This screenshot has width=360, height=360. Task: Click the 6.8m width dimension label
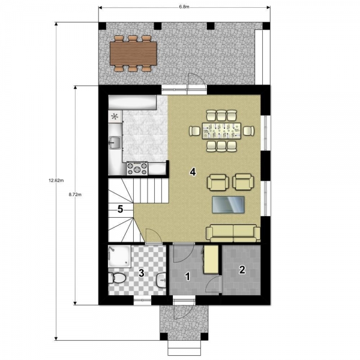[184, 7]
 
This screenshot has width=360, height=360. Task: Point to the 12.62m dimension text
[56, 181]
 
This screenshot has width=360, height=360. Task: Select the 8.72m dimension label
[75, 194]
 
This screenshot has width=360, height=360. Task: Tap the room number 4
[193, 172]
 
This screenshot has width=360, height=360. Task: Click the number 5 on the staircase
[121, 209]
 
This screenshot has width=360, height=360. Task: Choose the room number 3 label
[142, 273]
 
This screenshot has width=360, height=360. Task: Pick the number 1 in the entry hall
[188, 277]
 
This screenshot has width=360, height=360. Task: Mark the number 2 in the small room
[242, 270]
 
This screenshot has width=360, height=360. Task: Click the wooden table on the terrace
[133, 53]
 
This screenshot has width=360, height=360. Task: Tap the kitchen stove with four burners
[137, 169]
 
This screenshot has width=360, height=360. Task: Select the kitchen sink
[115, 143]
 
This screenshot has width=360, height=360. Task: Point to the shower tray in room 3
[119, 256]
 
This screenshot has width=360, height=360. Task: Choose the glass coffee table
[228, 205]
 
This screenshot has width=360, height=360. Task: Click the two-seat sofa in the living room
[233, 233]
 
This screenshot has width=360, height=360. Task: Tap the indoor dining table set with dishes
[221, 131]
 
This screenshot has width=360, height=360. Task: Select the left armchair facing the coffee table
[218, 182]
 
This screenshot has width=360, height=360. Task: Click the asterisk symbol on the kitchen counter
[115, 117]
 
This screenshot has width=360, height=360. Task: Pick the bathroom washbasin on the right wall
[161, 280]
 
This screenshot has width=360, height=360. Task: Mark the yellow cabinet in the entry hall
[211, 259]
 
